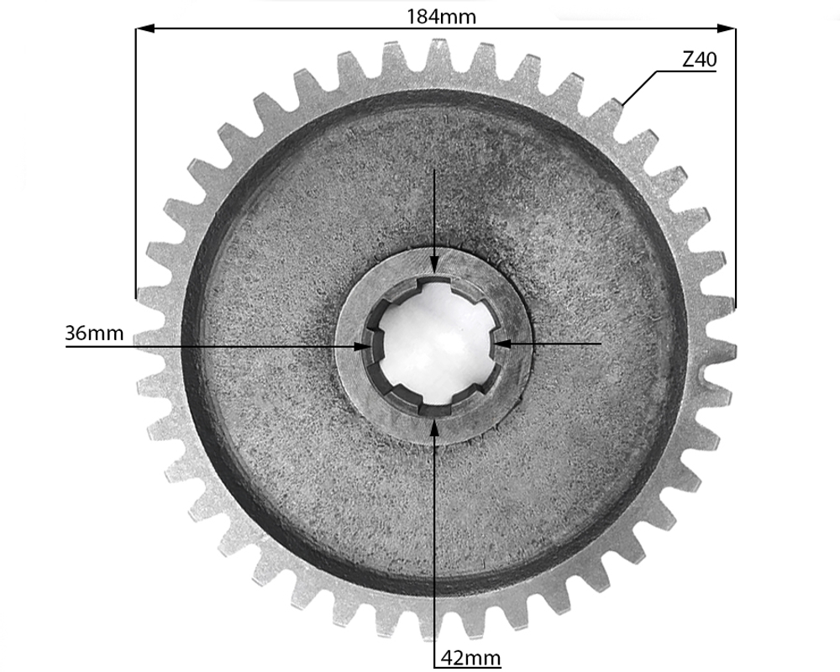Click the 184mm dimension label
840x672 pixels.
[441, 17]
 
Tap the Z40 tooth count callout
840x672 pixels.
[699, 60]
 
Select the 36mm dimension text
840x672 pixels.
[94, 333]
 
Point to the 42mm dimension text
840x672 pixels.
[471, 658]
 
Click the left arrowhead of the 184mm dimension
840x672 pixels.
[145, 29]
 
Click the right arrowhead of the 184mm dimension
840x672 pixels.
[726, 29]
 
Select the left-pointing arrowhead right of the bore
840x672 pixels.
[503, 343]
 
